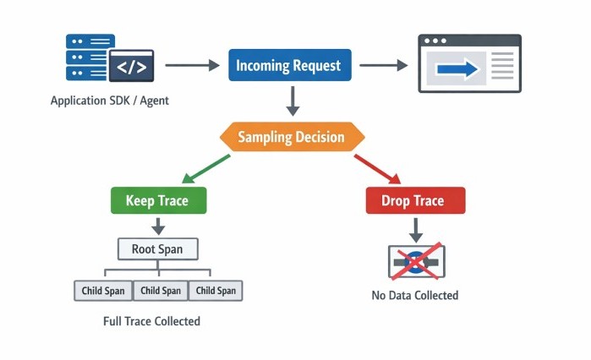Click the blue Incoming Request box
click(287, 65)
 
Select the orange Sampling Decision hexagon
click(292, 137)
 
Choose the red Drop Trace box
click(415, 200)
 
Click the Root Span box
click(156, 249)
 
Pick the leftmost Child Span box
click(103, 291)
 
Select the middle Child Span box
click(161, 291)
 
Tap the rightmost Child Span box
click(216, 291)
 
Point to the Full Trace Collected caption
click(152, 321)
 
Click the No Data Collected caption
click(414, 295)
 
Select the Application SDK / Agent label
click(109, 101)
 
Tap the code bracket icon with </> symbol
click(131, 66)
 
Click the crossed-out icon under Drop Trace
click(415, 261)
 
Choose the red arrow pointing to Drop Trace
click(376, 167)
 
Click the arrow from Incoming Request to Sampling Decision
click(292, 100)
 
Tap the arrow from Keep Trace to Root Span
click(156, 226)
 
